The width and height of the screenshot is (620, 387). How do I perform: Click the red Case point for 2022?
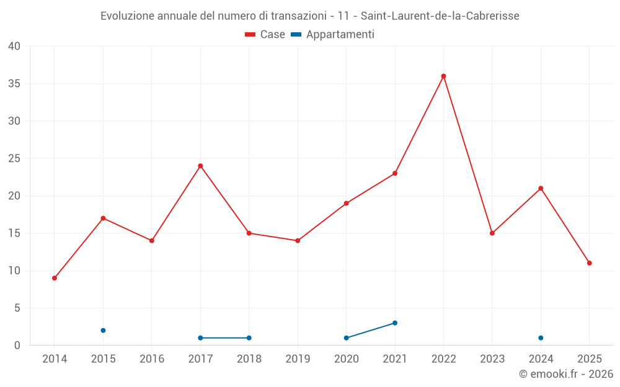click(443, 76)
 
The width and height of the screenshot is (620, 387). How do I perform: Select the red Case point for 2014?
click(55, 278)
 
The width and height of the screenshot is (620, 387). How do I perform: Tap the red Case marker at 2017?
click(200, 166)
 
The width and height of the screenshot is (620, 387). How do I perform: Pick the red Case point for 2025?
click(589, 263)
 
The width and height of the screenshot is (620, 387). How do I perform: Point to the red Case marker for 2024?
click(541, 188)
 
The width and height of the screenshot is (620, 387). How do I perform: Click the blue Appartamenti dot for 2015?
click(103, 331)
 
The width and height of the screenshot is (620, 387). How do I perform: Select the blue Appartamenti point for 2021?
click(395, 323)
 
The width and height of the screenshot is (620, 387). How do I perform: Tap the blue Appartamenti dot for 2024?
click(541, 338)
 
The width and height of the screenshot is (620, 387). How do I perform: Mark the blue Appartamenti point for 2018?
click(249, 338)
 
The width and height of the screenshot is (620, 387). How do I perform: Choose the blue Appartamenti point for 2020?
click(346, 338)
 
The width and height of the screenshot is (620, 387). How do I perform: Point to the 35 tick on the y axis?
click(14, 84)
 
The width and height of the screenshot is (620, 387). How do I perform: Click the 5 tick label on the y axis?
click(17, 308)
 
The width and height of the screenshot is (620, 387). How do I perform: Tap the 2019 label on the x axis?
click(298, 359)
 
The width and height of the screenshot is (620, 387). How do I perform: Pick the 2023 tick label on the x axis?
click(492, 359)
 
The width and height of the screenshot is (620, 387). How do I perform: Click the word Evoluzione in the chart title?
click(127, 15)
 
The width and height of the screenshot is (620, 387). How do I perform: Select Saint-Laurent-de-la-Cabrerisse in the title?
click(440, 15)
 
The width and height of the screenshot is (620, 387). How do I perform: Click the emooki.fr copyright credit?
click(565, 374)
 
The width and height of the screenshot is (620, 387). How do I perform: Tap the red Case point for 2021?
click(395, 173)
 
